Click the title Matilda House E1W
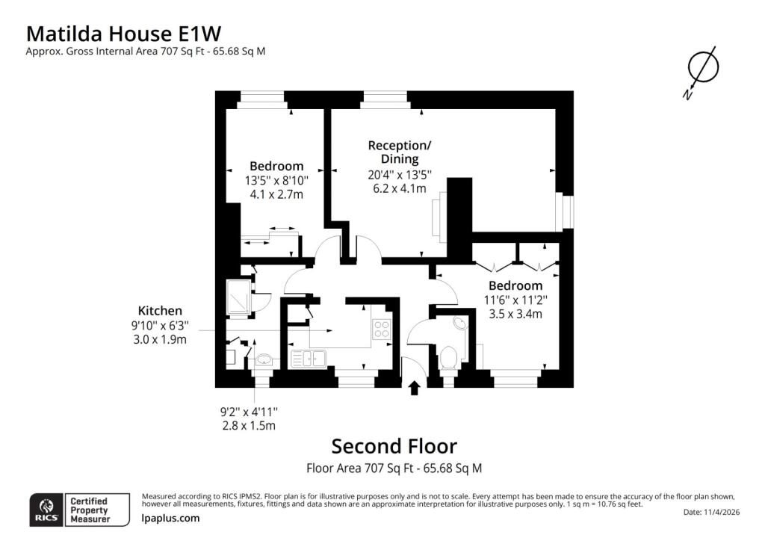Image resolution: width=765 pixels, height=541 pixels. [123, 34]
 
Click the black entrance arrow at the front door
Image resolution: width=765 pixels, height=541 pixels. [414, 388]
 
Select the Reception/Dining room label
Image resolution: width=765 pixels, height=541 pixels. [400, 152]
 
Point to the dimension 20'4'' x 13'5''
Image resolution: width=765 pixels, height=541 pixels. [400, 174]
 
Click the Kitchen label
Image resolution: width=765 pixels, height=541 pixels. [160, 311]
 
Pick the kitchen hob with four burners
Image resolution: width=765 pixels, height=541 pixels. [381, 328]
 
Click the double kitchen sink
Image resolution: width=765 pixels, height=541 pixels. [309, 359]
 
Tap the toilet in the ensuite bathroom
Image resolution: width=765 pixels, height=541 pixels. [447, 359]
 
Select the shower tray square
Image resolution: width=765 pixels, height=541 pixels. [238, 296]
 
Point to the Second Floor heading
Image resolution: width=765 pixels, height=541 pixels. [394, 446]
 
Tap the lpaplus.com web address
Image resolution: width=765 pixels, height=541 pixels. [171, 518]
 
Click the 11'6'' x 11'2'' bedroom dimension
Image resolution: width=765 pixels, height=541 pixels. [515, 300]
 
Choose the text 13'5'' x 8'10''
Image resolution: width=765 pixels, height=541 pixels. [276, 181]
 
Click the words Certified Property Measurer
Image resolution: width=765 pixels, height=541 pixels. [90, 510]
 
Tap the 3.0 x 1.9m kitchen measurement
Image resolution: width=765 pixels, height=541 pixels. [160, 339]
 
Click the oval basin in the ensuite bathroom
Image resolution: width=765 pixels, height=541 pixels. [459, 323]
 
